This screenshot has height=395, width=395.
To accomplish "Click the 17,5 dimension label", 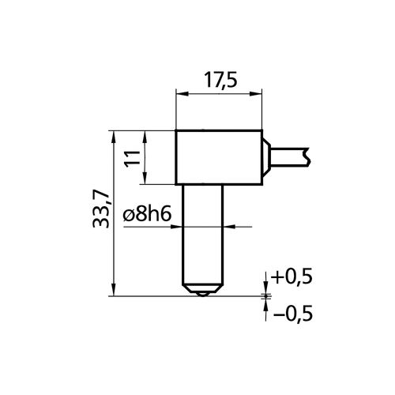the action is (x=220, y=80).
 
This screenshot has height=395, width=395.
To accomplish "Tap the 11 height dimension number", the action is (x=133, y=158).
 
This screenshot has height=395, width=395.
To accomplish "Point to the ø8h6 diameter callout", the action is (x=147, y=215).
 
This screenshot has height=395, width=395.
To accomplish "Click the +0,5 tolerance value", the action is (x=292, y=276).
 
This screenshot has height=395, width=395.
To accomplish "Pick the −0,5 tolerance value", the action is (x=293, y=313).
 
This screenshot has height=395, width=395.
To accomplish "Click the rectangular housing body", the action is (x=219, y=157).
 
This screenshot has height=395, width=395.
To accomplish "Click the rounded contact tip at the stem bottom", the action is (x=203, y=294).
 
